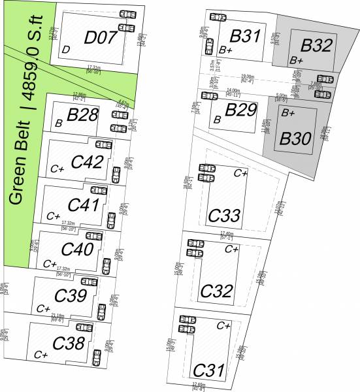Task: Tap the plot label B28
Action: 82,116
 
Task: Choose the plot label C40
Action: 77,250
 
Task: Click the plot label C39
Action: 70,296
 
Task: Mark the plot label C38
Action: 67,342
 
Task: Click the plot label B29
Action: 241,110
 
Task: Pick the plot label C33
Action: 224,215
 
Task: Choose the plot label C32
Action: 217,290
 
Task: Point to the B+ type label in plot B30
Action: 288,113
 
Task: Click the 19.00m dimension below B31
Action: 247,77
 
